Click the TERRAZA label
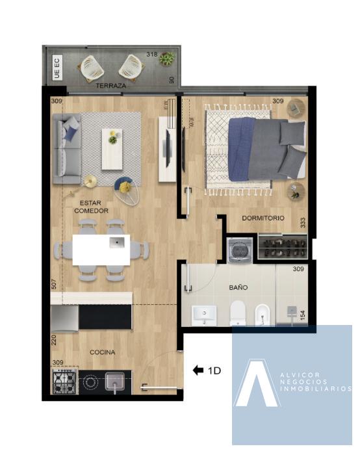click(111, 86)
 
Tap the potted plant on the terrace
click(167, 58)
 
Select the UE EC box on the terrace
click(57, 68)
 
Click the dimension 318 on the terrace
click(152, 54)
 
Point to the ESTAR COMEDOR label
click(91, 207)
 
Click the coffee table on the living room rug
click(112, 149)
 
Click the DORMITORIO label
click(263, 218)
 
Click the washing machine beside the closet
click(240, 250)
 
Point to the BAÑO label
click(238, 287)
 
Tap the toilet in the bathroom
click(238, 313)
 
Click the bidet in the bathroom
click(263, 315)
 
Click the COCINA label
click(102, 352)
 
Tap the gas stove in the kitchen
click(64, 381)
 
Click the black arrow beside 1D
click(198, 370)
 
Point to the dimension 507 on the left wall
click(54, 284)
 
